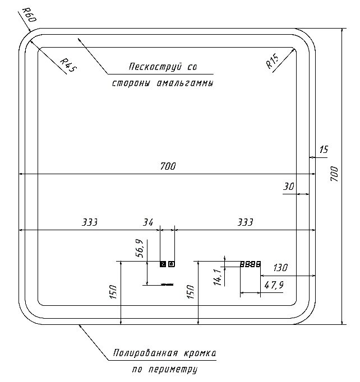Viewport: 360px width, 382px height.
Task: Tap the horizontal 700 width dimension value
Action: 168,166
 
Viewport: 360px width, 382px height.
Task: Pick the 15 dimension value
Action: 324,150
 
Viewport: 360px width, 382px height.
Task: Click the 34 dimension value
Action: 148,222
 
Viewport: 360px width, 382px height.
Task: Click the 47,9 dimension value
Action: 274,285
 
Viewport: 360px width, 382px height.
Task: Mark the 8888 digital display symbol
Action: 250,264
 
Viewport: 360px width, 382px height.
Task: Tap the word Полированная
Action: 144,354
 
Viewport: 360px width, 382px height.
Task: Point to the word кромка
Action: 199,354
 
